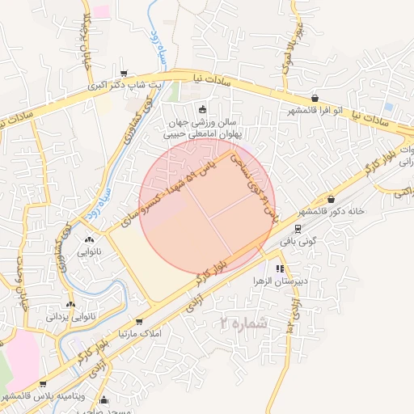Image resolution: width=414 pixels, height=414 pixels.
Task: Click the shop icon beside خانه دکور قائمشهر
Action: click(332, 200)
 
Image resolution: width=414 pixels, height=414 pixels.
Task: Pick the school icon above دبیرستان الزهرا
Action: click(280, 268)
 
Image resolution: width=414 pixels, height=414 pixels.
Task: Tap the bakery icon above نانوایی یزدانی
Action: click(72, 305)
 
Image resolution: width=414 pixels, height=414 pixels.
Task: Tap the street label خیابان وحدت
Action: click(20, 270)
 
